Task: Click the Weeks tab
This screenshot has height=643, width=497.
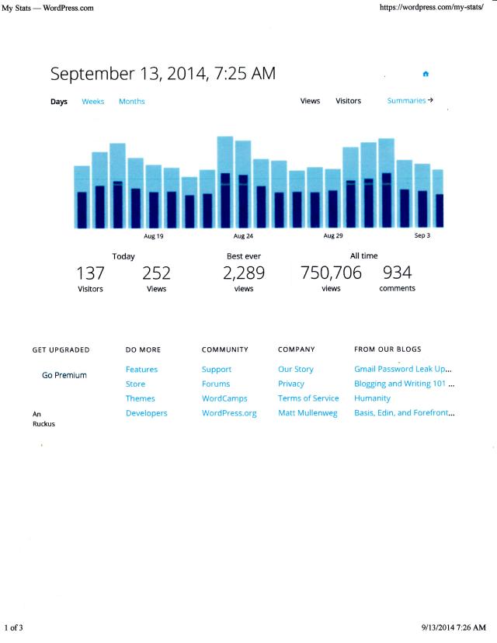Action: coord(93,102)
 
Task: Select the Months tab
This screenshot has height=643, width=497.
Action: coord(131,102)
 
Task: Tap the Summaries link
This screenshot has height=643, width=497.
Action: coord(410,101)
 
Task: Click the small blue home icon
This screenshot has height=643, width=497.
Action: coord(426,75)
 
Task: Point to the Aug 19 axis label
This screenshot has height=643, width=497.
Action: coord(154,236)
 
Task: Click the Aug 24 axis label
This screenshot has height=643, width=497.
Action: coord(243,236)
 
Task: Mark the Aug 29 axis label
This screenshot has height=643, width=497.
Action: coord(333,236)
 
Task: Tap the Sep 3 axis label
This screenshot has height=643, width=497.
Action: coord(422,236)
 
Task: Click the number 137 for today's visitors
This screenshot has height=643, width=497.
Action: coord(90,273)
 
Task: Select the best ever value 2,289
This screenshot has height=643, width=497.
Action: coord(243,273)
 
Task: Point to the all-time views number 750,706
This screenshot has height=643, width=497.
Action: coord(331,273)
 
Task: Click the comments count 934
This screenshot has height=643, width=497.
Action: coord(397,273)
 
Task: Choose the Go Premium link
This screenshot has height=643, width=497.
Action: coord(64,375)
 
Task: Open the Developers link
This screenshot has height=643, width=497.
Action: coord(146,413)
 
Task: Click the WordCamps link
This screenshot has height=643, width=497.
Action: coord(224,398)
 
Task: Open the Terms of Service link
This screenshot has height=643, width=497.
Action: coord(308,398)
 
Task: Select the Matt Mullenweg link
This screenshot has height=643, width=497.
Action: coord(308,413)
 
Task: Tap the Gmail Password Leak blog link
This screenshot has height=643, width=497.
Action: coord(403,370)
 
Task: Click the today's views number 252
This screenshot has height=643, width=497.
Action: coord(156,273)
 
